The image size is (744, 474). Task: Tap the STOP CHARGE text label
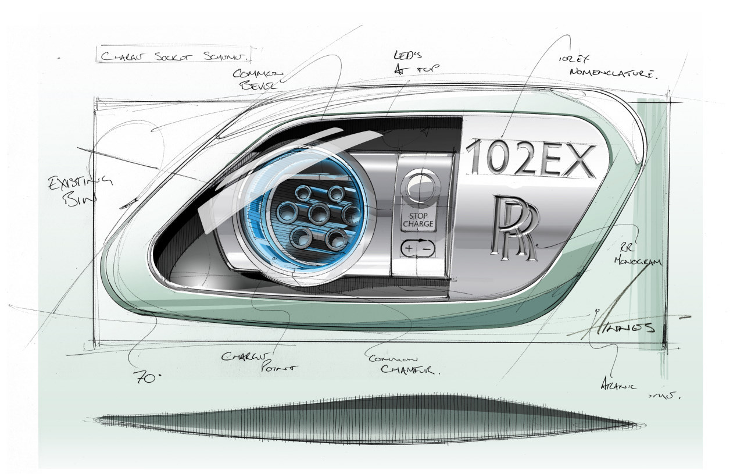click(x=417, y=219)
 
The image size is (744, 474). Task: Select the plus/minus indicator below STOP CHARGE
click(x=417, y=248)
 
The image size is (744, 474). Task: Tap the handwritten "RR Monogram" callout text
click(x=638, y=256)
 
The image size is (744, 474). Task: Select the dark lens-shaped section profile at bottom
click(x=369, y=419)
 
